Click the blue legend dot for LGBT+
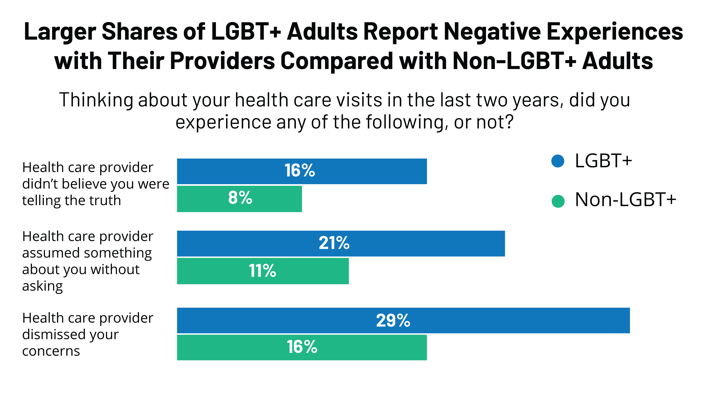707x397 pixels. coord(558,161)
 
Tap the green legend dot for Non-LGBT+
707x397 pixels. coord(558,201)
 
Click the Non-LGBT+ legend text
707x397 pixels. coord(625,200)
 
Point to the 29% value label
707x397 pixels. coord(393,320)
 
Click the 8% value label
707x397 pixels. coord(240,198)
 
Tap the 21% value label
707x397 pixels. coord(334,243)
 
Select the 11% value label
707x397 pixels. coord(262,271)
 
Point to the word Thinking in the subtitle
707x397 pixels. coord(96,100)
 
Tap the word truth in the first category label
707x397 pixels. coord(106,200)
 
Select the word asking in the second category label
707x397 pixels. coord(43,286)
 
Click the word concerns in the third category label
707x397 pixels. coord(51,351)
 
